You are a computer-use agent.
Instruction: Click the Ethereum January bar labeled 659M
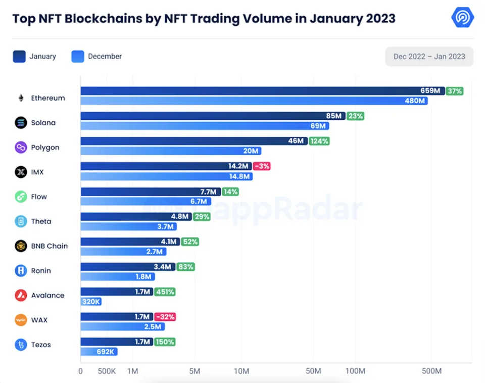pos(262,91)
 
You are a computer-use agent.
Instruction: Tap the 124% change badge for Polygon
pos(319,141)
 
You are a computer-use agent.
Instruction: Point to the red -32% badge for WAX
pos(165,317)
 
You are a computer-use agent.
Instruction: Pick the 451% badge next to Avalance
pos(165,292)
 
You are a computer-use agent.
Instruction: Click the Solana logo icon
pos(21,123)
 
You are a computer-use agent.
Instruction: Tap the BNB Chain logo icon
pos(21,246)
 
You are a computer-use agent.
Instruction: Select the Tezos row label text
pos(41,345)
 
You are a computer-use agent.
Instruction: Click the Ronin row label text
pos(41,271)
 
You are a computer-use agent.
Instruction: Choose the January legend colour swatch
pos(19,57)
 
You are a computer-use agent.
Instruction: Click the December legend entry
pos(97,57)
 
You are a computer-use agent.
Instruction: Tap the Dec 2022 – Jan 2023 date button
pos(429,57)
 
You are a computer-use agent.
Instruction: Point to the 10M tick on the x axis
pos(241,371)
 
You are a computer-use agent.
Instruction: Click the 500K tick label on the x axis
pos(107,371)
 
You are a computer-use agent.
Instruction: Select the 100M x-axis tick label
pos(355,371)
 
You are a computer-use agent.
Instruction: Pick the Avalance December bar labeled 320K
pos(91,302)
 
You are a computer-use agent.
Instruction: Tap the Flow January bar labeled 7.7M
pos(150,191)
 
